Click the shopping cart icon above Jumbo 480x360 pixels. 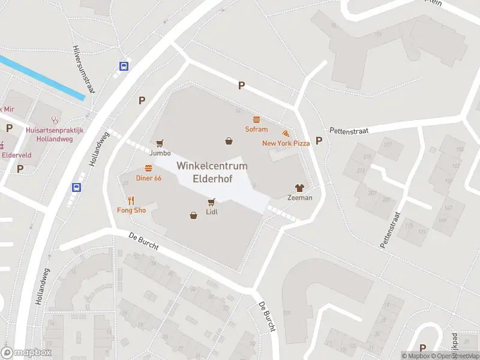(160, 143)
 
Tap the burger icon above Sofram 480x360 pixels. (256, 119)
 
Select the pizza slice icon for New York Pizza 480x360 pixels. (286, 133)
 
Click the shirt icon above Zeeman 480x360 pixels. (299, 188)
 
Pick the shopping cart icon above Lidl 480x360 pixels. (211, 202)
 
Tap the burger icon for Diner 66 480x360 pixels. (148, 169)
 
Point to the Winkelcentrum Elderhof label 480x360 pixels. (204, 172)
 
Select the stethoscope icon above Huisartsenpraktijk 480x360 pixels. (56, 119)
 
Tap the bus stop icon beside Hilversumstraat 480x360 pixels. (124, 66)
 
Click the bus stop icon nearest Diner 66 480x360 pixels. (77, 187)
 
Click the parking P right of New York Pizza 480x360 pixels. (319, 141)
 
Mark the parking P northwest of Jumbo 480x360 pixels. (142, 101)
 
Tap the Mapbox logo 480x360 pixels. (26, 353)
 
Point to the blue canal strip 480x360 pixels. (42, 77)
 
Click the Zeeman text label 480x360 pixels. (299, 198)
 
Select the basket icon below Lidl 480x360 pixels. (193, 215)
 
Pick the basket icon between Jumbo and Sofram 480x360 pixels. (229, 142)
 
